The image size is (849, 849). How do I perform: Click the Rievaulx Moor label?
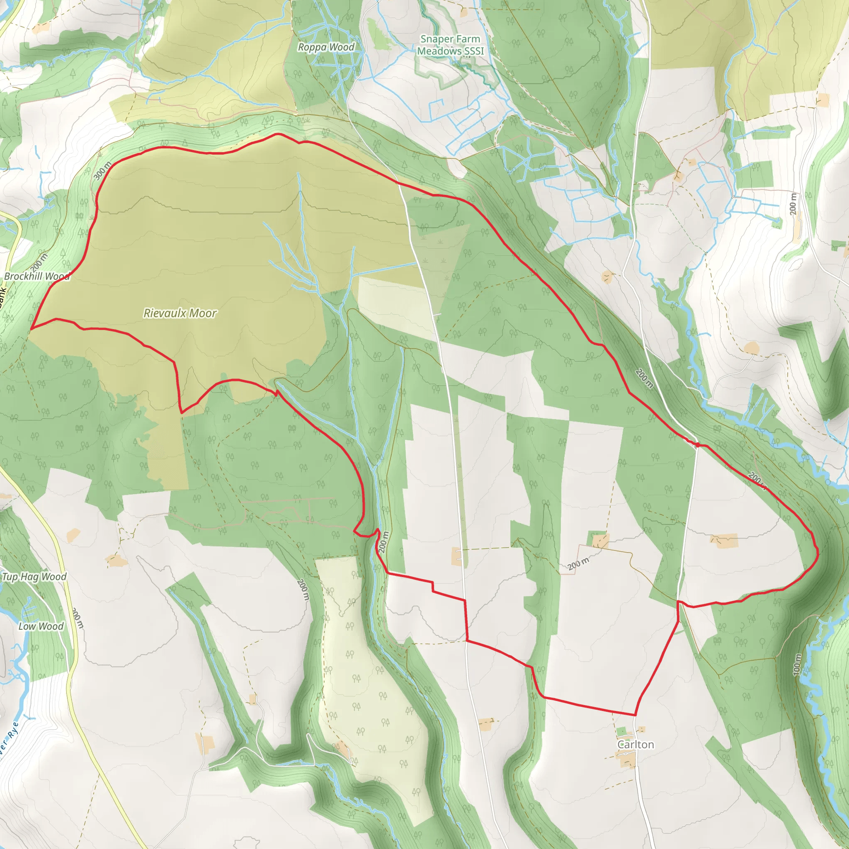(x=180, y=313)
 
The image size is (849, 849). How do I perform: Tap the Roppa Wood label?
(x=326, y=47)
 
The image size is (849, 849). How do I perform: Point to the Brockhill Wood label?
(x=37, y=277)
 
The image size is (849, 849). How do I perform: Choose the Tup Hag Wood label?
(x=34, y=577)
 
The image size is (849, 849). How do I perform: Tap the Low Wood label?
(x=41, y=626)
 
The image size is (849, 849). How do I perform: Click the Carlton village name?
(x=636, y=745)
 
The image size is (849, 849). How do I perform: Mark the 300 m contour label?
(x=103, y=171)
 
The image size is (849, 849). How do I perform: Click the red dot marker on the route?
(x=697, y=445)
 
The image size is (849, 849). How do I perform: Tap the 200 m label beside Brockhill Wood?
(x=39, y=263)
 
